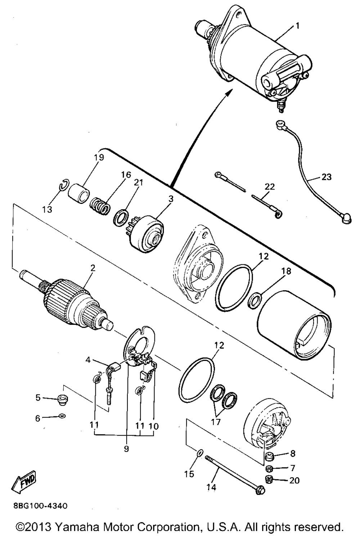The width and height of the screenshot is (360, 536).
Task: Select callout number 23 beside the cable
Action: [x=327, y=177]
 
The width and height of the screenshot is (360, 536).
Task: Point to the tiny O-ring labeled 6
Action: [x=62, y=416]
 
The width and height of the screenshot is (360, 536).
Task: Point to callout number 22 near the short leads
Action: [x=270, y=187]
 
